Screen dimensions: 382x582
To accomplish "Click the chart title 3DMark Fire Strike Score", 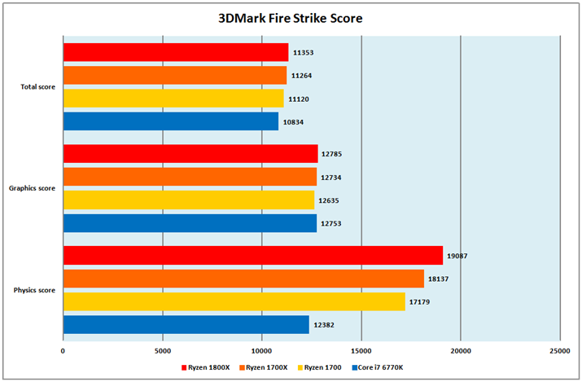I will (x=290, y=17).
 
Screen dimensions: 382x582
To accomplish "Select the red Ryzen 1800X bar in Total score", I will (x=175, y=52).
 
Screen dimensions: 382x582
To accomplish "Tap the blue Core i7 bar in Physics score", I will (x=186, y=325).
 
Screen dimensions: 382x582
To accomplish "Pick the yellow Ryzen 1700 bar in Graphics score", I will (x=188, y=200).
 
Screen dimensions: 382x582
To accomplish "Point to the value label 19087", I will (x=456, y=256).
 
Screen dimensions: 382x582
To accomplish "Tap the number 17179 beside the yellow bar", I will (x=420, y=302).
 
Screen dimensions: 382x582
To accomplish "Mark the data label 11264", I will (x=301, y=76).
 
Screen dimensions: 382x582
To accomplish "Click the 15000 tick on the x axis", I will (x=361, y=351).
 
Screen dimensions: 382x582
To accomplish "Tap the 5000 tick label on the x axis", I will (x=162, y=351).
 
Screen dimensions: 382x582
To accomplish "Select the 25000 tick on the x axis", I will (x=559, y=351).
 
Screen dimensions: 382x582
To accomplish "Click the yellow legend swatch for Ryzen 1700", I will (x=302, y=368).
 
